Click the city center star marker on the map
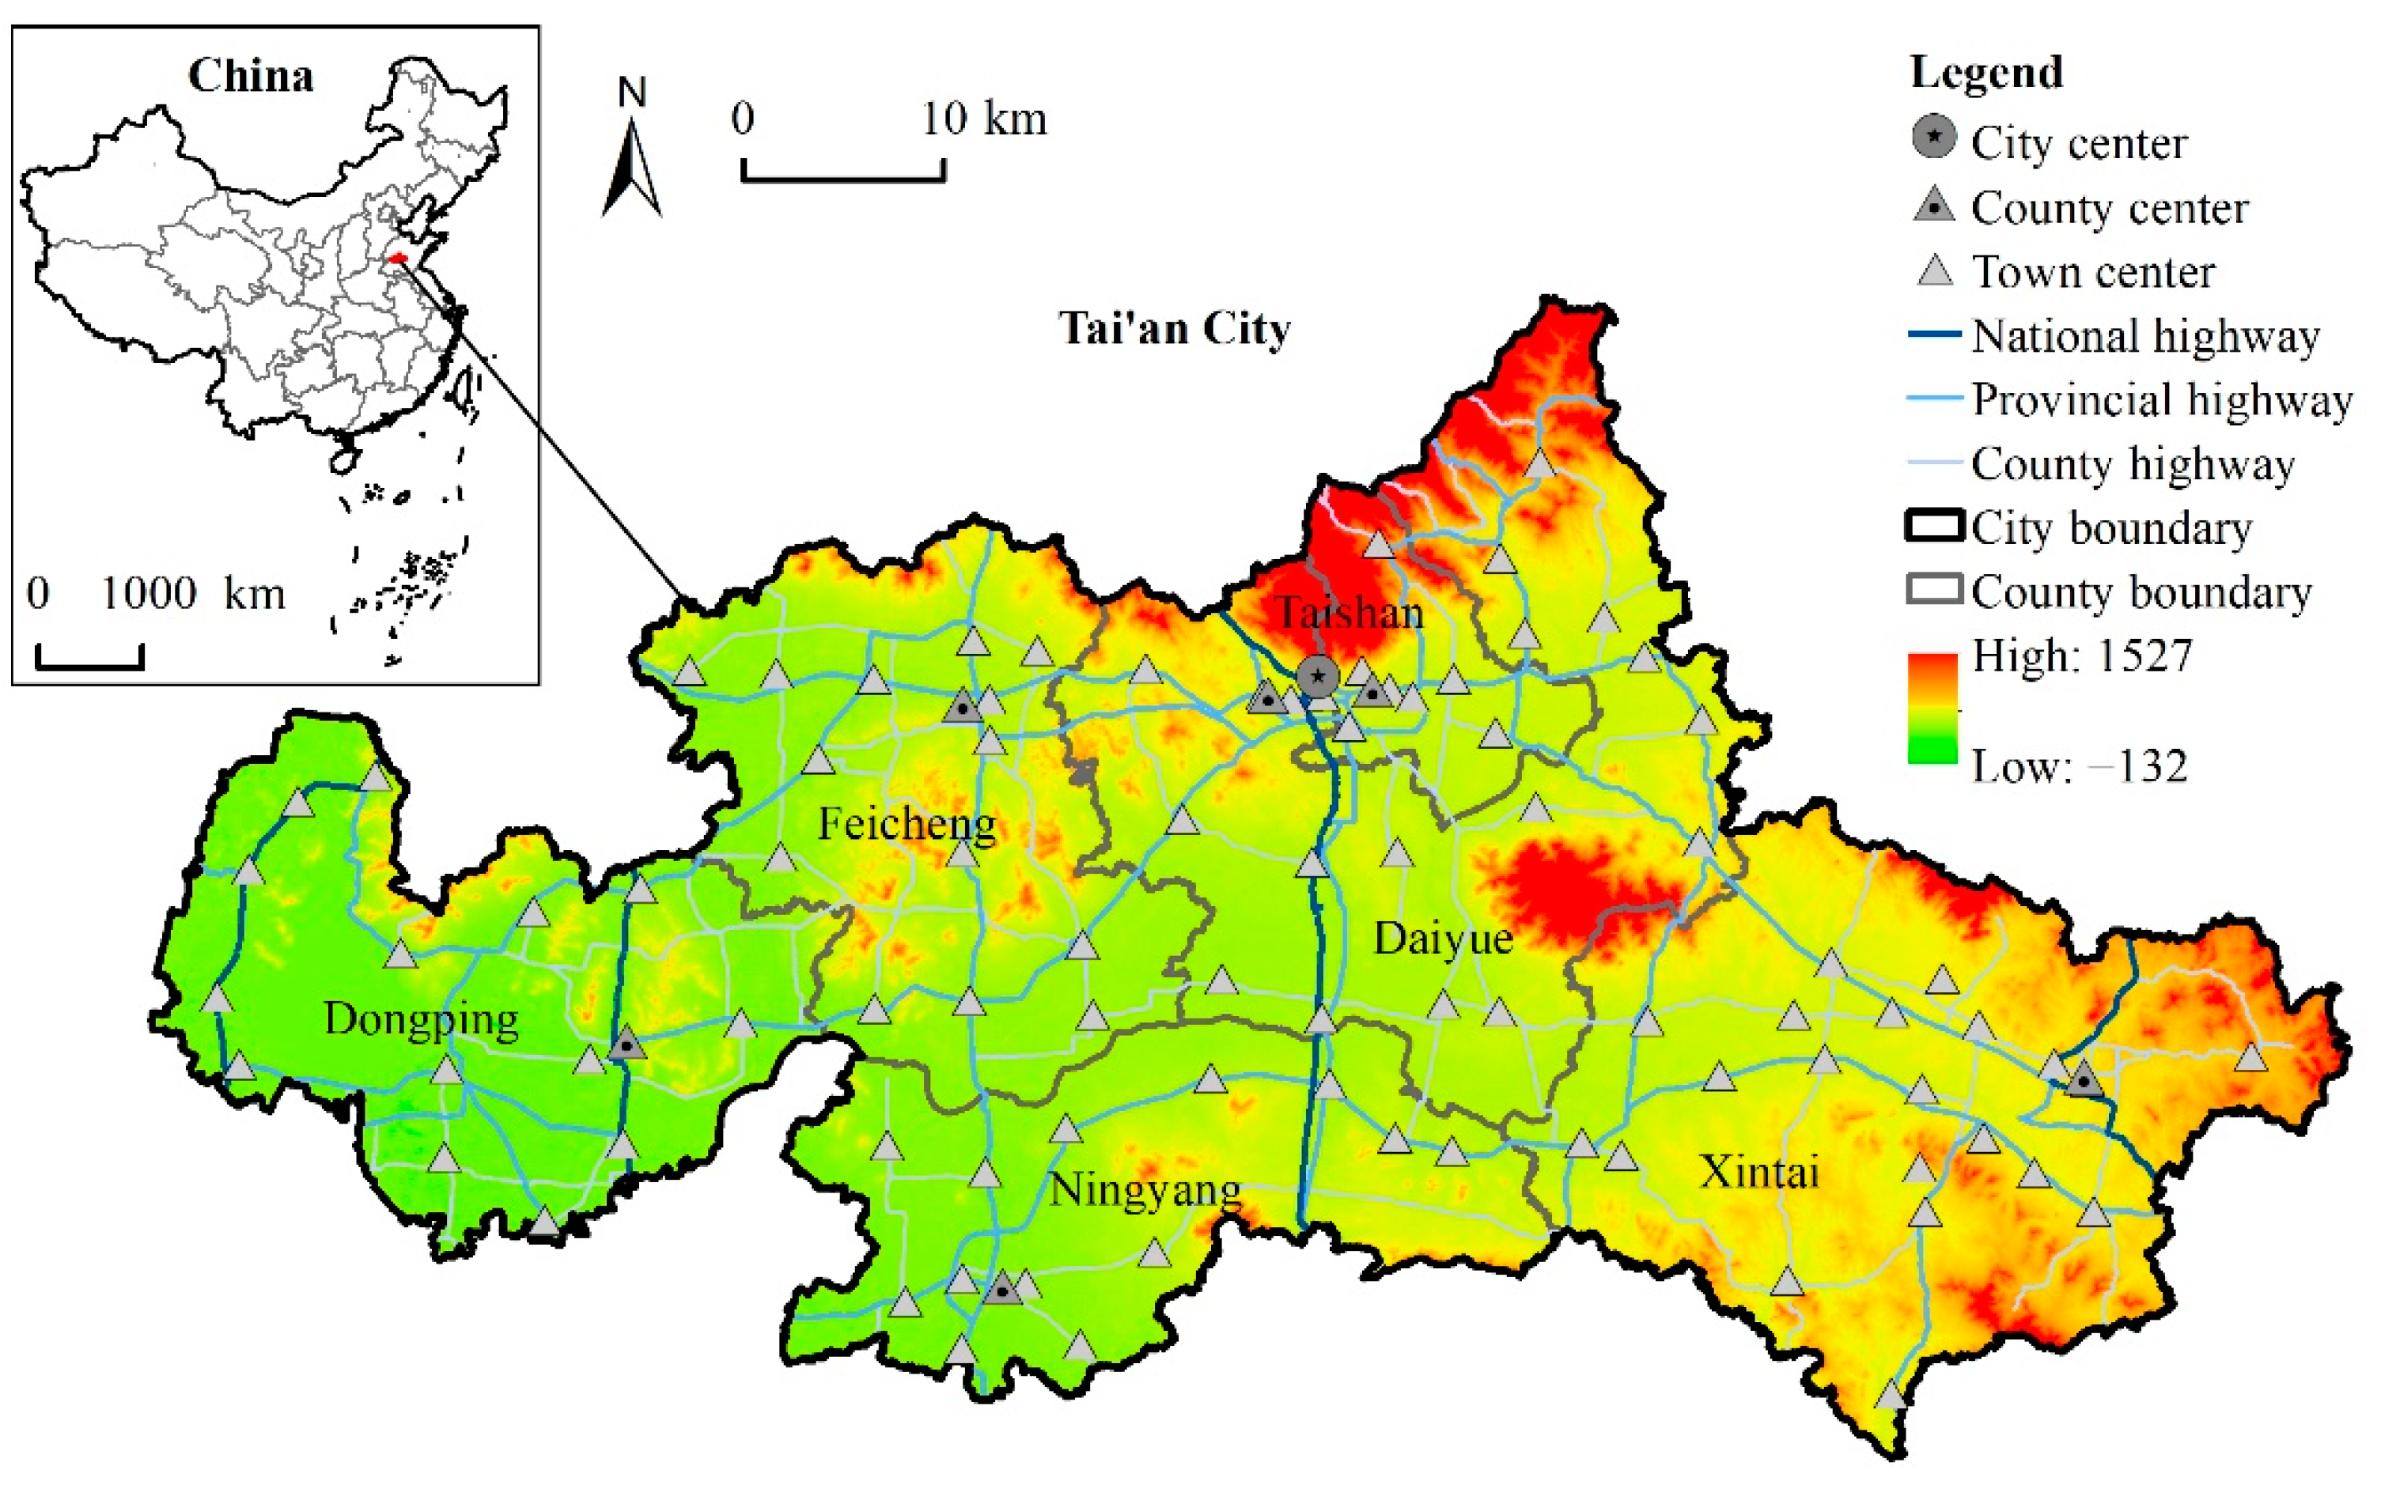coord(1317,676)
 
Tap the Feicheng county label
coord(907,823)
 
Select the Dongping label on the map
coord(422,1019)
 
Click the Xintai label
coord(1759,1172)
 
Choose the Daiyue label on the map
coord(1443,938)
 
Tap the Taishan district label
coord(1349,613)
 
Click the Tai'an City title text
coord(1175,328)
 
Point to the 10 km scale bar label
coord(983,119)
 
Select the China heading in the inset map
coord(251,76)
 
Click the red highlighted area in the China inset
coord(398,259)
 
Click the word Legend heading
coord(1986,73)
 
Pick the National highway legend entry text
coord(2145,336)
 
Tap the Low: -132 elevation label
coord(2080,766)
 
